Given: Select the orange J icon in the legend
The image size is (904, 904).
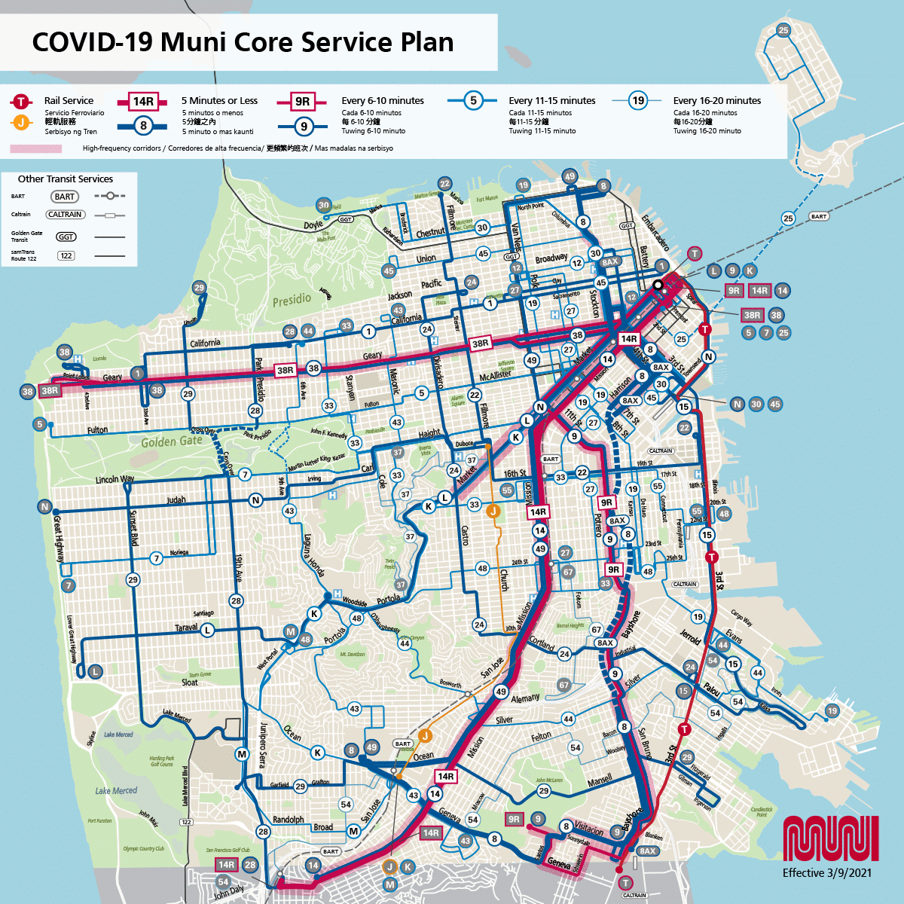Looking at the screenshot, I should coord(21,122).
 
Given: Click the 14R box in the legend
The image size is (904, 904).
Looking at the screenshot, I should coord(143,102).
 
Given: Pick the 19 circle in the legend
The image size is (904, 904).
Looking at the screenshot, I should coord(638,100).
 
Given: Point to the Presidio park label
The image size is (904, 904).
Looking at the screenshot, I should coord(292,299).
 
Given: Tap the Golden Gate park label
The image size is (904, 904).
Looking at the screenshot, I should coord(172,441).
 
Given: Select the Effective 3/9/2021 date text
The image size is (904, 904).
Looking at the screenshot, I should coord(826,872).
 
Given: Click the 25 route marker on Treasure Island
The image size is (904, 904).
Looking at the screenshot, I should coord(783,30).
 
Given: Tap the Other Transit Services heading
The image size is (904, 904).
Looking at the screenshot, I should coord(66,179).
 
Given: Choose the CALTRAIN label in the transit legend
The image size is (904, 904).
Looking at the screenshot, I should coord(66,215).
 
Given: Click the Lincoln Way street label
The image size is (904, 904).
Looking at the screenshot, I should coord(115,479).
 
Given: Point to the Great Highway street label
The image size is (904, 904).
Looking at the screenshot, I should coord(58,536).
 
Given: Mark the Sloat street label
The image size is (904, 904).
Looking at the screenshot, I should coord(189,683).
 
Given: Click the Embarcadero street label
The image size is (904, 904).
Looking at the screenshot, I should coord(655,233).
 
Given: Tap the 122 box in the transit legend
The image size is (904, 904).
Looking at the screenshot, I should coord(66,256).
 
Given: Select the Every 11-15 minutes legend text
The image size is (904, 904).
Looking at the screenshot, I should coord(551,100).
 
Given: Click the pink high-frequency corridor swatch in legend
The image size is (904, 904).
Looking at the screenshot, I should coord(35,148).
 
